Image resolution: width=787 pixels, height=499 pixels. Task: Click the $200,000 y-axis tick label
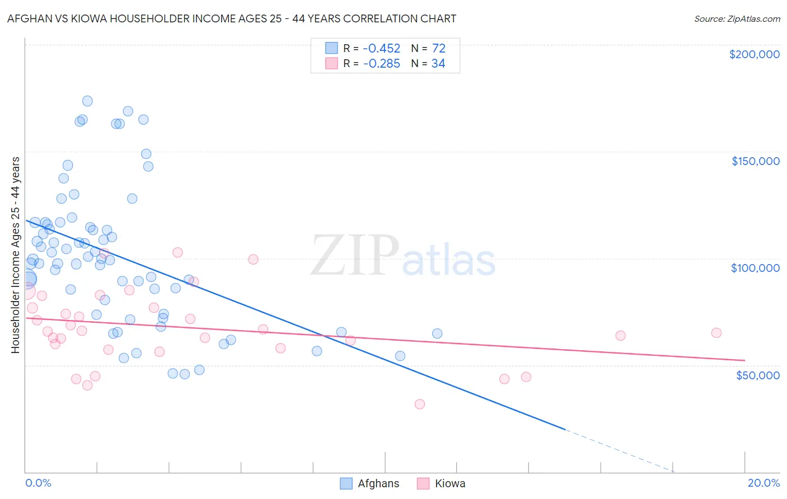pos(754,54)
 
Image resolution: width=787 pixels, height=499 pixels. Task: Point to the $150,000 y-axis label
pos(755,161)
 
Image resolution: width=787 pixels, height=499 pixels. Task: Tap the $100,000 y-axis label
pos(755,268)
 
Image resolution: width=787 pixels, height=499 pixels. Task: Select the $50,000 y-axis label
pos(757,375)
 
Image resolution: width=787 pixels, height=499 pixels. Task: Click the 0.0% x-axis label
pos(38,483)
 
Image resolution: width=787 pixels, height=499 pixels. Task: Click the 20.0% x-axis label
pos(763,483)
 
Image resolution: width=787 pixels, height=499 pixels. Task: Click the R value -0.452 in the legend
pos(381,49)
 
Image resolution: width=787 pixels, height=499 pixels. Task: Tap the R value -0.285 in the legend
pos(381,64)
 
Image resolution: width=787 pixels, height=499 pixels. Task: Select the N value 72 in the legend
pos(438,49)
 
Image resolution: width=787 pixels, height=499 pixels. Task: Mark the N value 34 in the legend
pos(438,64)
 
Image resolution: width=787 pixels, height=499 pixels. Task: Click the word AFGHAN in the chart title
pos(30,18)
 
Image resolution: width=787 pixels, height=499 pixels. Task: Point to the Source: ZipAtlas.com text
pos(737,18)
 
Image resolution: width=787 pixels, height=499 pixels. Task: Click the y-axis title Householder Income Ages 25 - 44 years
pos(15,255)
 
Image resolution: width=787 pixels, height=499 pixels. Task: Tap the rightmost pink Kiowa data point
pos(716,333)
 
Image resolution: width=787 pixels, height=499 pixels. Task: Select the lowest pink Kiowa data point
pos(419,404)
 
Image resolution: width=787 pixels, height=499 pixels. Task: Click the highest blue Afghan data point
pos(87,101)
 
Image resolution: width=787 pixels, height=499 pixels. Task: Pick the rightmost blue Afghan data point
pos(437,333)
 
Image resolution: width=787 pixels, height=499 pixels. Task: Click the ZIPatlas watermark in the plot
pos(403,257)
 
